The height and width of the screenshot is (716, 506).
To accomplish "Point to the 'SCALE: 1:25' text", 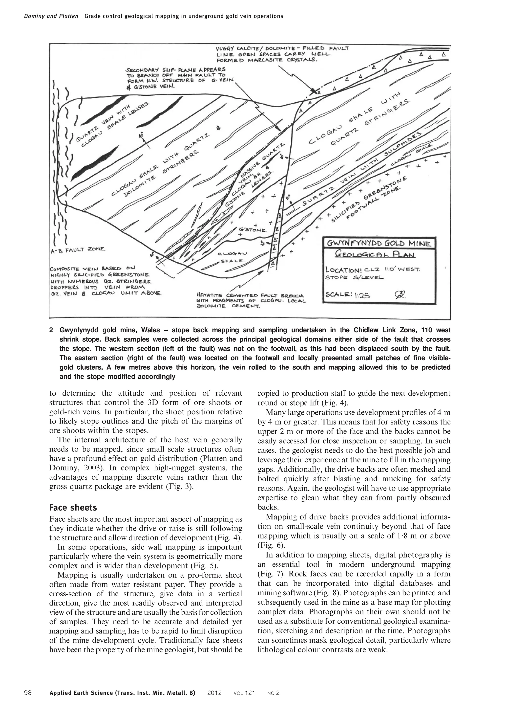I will point(347,295).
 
